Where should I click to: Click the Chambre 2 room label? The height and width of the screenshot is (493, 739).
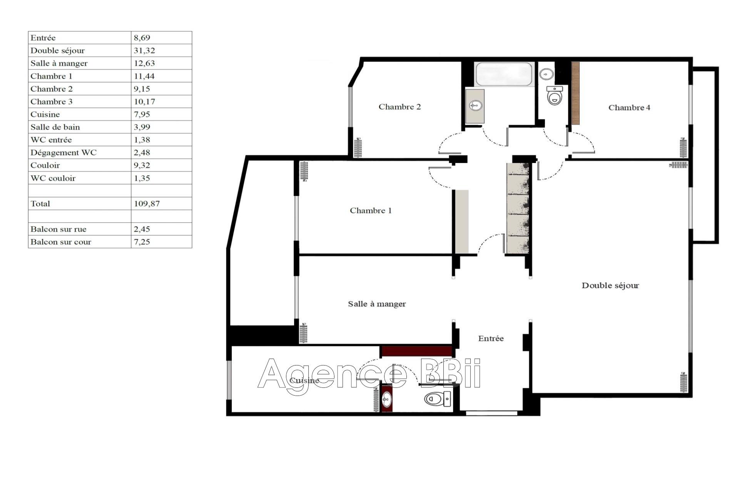400,107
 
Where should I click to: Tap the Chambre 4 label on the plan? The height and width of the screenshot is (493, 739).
629,107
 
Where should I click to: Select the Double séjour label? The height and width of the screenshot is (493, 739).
610,285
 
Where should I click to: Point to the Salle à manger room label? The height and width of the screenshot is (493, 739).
377,304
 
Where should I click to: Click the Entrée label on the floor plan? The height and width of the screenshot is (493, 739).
491,339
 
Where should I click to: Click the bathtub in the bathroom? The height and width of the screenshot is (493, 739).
504,74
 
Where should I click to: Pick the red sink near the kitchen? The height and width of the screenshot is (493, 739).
387,399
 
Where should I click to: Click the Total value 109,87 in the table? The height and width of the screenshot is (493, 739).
147,204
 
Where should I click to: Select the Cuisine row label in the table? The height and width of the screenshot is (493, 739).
45,114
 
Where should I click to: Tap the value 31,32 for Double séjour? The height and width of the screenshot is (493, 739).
144,50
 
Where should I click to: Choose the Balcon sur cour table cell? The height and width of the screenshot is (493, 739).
61,242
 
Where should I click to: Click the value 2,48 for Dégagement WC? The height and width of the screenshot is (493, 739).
142,153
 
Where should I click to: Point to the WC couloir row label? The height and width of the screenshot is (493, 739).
53,178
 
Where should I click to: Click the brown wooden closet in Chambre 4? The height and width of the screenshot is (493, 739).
575,93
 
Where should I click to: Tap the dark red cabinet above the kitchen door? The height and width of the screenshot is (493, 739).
416,351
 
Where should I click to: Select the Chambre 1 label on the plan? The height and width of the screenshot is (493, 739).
371,210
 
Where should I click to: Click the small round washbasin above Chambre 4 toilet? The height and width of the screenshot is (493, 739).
546,74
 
